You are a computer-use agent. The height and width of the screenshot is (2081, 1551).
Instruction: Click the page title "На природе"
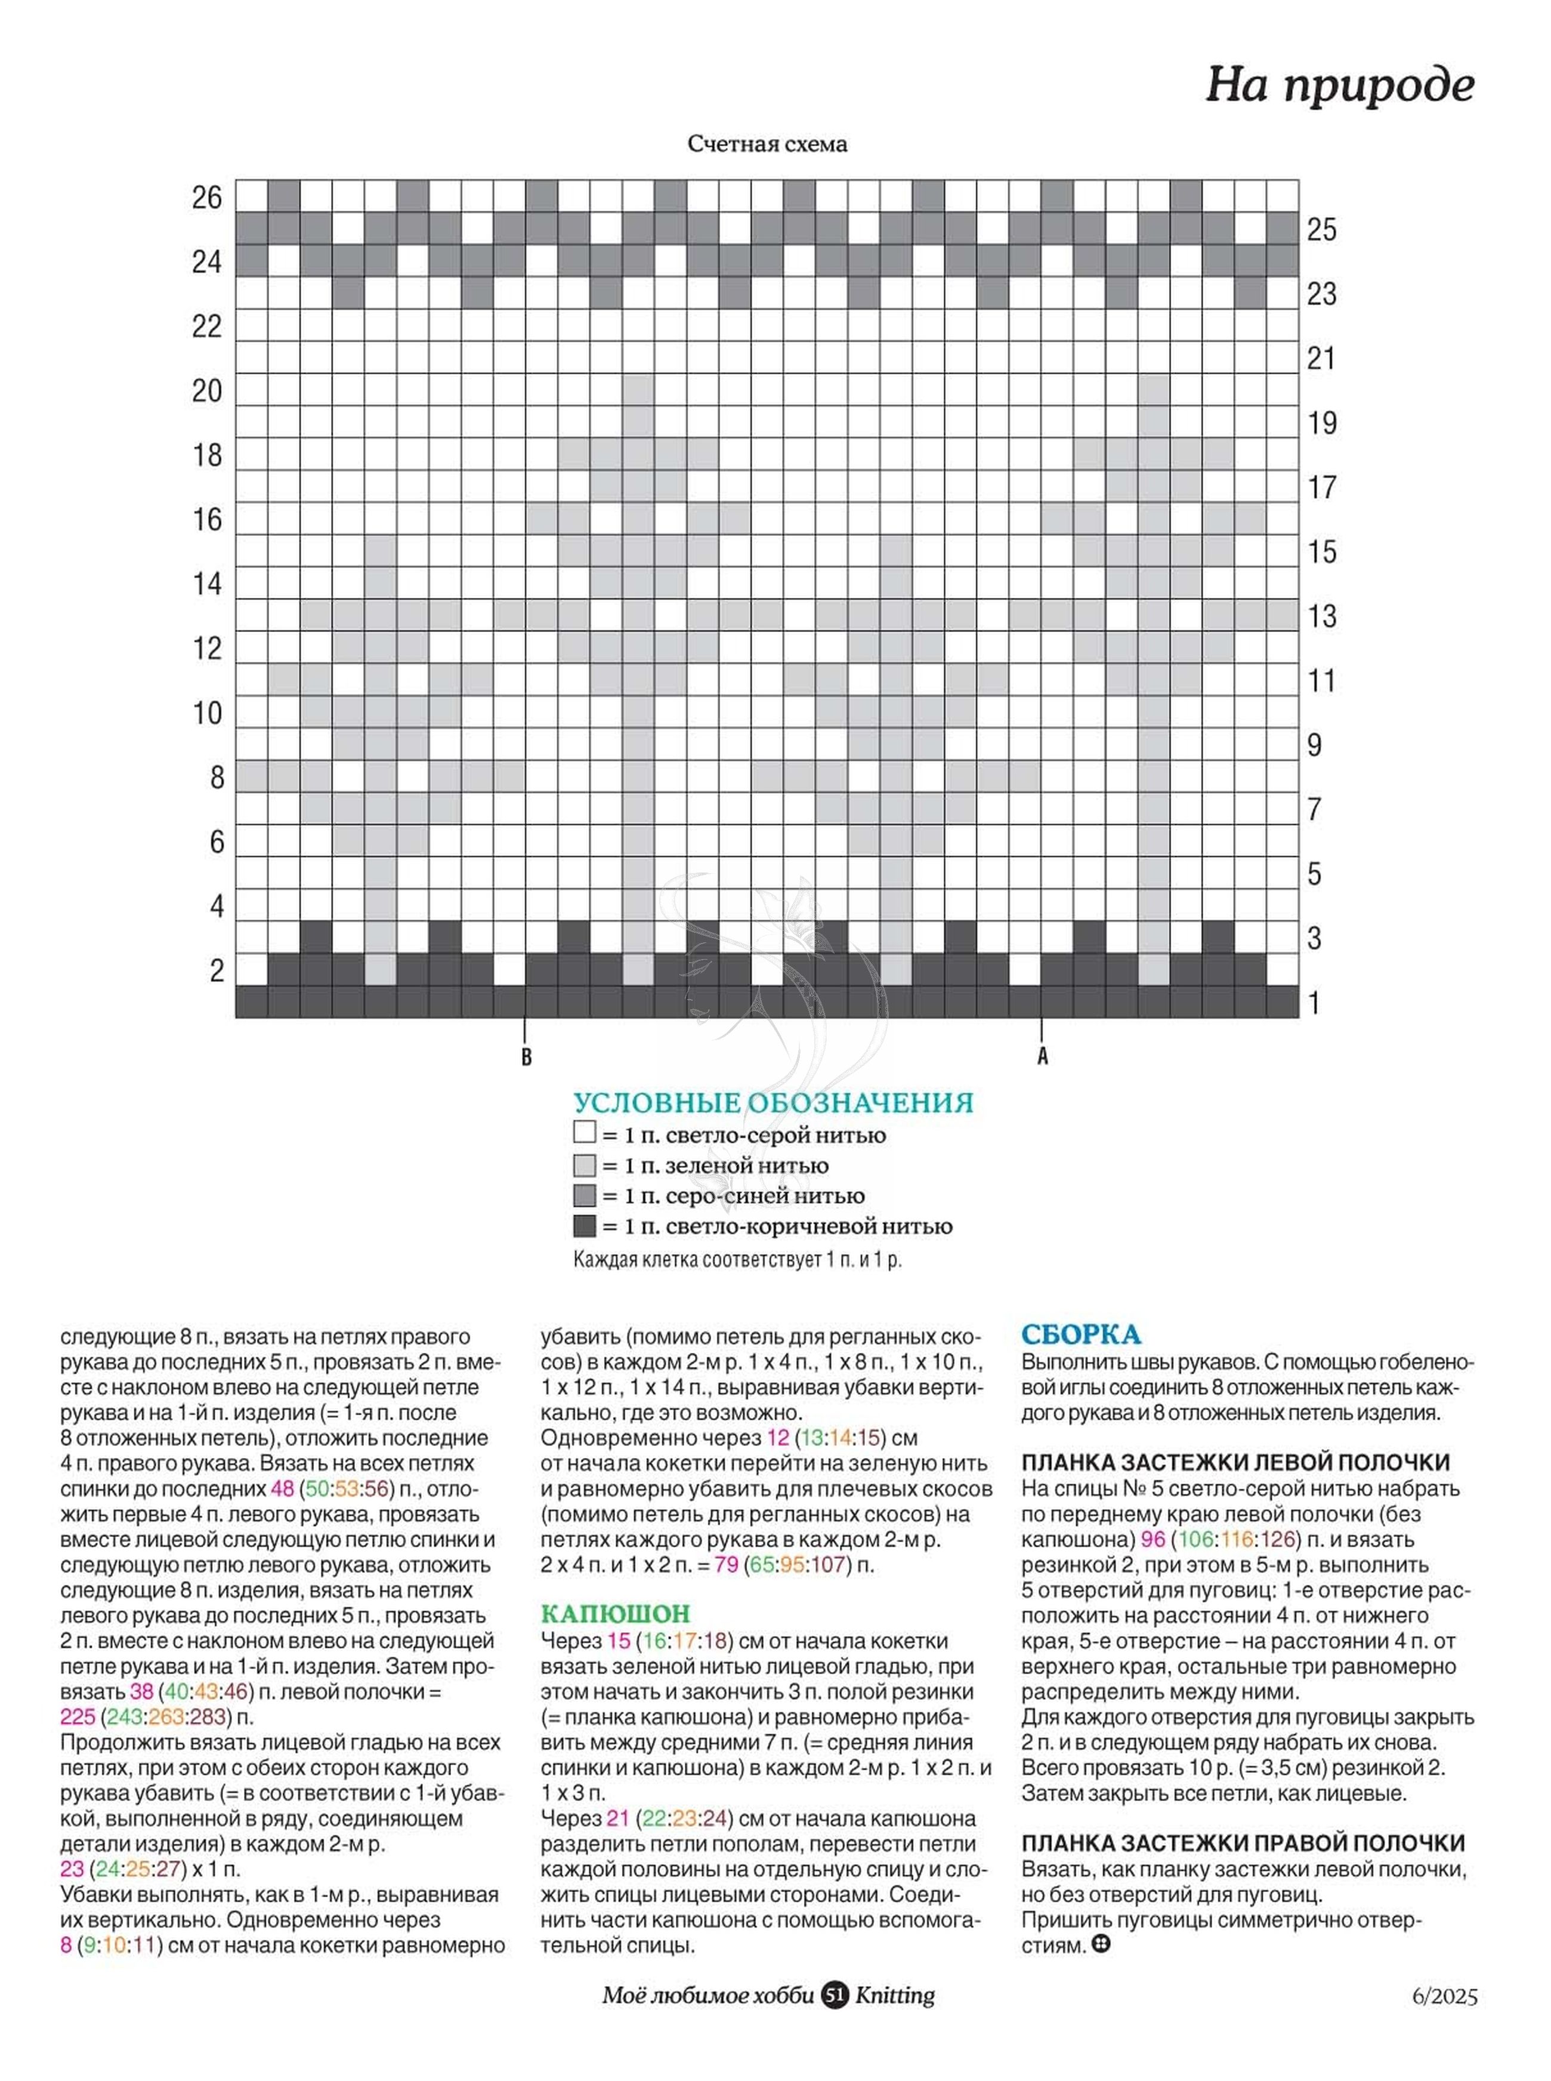1340,85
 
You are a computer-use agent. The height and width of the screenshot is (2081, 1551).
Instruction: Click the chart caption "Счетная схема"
767,144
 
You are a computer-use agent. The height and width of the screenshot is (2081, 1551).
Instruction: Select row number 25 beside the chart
1322,230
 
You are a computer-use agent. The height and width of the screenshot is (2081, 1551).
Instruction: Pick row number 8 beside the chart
217,778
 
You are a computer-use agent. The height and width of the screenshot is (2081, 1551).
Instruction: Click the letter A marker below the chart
1042,1056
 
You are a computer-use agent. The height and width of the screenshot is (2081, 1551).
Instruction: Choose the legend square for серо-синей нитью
584,1195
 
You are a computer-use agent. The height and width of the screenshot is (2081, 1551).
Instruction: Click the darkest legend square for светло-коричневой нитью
584,1225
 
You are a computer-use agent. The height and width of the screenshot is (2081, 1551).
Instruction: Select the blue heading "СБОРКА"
1081,1334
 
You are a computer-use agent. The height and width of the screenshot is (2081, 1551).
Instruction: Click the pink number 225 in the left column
78,1716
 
